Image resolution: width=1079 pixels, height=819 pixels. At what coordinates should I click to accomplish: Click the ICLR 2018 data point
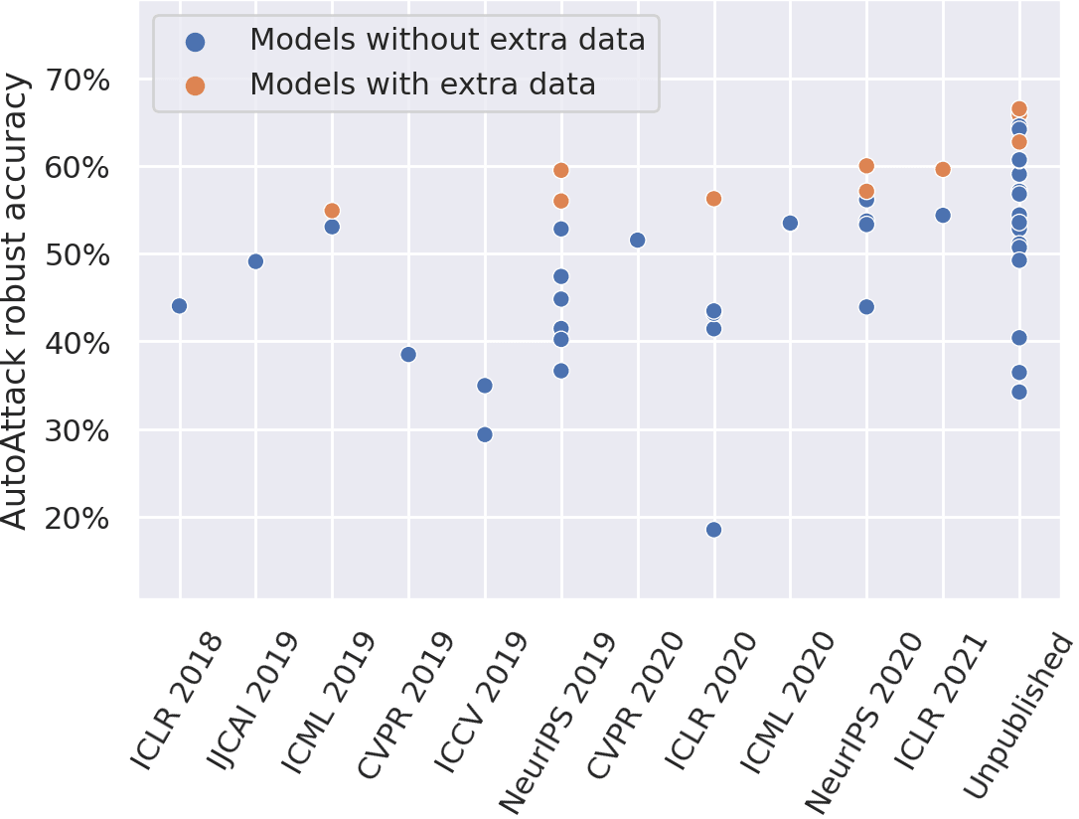click(179, 306)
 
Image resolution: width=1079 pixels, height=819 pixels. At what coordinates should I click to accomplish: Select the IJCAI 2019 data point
click(255, 261)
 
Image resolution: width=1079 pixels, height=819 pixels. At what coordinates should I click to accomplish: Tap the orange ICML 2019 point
click(332, 211)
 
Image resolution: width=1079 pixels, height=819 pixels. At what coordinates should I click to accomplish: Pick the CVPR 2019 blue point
click(408, 354)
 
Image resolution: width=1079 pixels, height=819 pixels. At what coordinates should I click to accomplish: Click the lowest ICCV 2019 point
click(485, 434)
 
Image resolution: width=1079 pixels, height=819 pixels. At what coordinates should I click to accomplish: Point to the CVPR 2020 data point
click(638, 240)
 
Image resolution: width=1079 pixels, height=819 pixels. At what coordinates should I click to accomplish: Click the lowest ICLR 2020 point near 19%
click(713, 530)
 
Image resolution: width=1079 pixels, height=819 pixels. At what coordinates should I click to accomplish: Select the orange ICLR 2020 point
click(713, 199)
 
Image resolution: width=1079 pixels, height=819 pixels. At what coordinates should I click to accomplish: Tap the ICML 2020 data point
click(790, 223)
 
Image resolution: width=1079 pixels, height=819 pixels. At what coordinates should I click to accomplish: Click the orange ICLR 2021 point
click(943, 169)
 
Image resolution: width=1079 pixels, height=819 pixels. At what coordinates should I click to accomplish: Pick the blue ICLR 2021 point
click(943, 215)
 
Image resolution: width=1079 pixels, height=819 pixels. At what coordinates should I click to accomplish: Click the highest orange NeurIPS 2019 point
click(560, 170)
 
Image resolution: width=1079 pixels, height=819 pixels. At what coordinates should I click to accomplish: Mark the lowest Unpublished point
click(1018, 392)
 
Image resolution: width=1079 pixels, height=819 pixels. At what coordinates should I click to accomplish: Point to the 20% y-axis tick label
click(79, 519)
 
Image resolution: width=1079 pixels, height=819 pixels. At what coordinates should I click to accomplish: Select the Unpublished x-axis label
click(1021, 716)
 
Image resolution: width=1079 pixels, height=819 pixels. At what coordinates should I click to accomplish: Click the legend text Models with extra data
click(422, 85)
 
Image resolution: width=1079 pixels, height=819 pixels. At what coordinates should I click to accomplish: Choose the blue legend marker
click(196, 42)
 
